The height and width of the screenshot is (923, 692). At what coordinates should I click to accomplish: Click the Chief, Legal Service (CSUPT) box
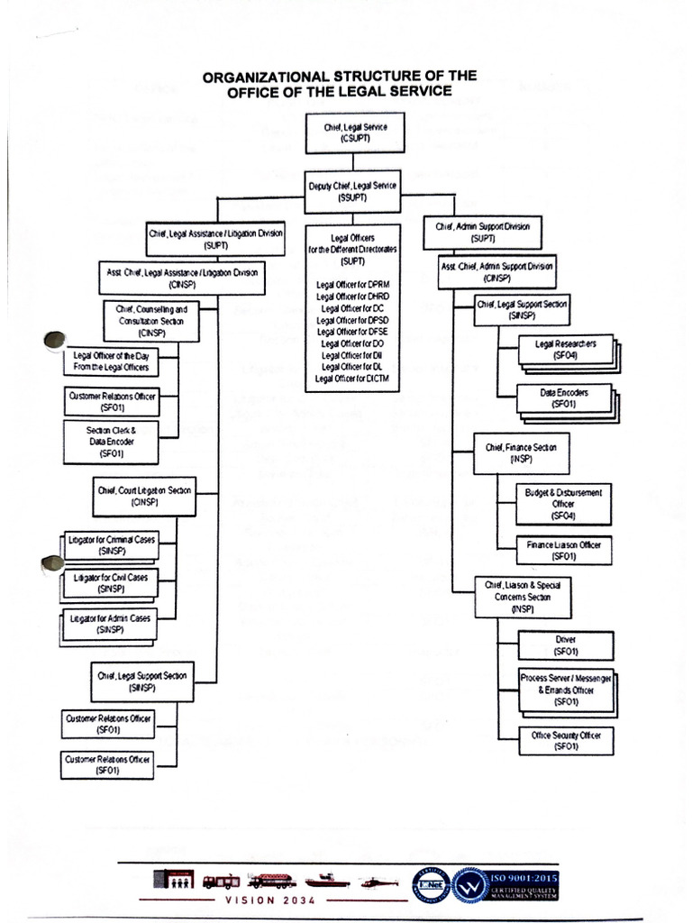[x=355, y=133]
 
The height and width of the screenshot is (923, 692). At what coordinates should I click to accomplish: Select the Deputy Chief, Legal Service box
[x=353, y=189]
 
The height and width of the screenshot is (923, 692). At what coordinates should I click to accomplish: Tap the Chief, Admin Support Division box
[x=483, y=232]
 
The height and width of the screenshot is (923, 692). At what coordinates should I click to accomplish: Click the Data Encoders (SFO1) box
[x=564, y=399]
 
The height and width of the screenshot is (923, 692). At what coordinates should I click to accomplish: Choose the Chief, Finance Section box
[x=521, y=452]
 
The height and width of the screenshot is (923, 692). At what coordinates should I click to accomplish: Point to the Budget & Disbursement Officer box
[x=563, y=504]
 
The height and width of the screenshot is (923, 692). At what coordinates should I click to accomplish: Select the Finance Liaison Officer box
[x=564, y=550]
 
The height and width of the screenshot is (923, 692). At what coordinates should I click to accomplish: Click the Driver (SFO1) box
[x=566, y=644]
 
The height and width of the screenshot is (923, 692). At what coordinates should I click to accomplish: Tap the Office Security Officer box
[x=566, y=740]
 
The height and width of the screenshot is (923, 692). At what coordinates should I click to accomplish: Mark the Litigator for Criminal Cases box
[x=111, y=544]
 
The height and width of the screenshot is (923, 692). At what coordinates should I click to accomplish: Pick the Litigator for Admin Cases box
[x=111, y=624]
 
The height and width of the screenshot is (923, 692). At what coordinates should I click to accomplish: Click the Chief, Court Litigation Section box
[x=144, y=496]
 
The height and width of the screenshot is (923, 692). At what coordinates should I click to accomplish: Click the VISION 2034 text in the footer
[x=265, y=900]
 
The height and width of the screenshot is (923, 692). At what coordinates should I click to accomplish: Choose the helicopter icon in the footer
[x=379, y=882]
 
